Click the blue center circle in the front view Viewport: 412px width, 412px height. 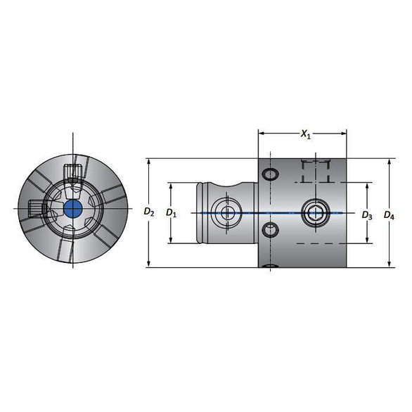[71, 208]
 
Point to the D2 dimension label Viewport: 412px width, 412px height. [148, 212]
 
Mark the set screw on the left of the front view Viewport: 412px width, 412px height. [35, 208]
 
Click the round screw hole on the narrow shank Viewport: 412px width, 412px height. [226, 212]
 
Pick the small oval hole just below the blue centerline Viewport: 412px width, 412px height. [269, 229]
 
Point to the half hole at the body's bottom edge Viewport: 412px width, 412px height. [270, 266]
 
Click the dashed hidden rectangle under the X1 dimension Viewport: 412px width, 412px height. [314, 171]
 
